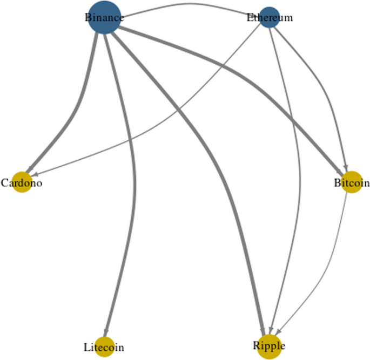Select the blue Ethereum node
tap(270, 17)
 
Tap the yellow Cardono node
tap(22, 183)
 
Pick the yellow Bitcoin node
tap(352, 182)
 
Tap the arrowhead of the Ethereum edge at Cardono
tap(35, 174)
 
